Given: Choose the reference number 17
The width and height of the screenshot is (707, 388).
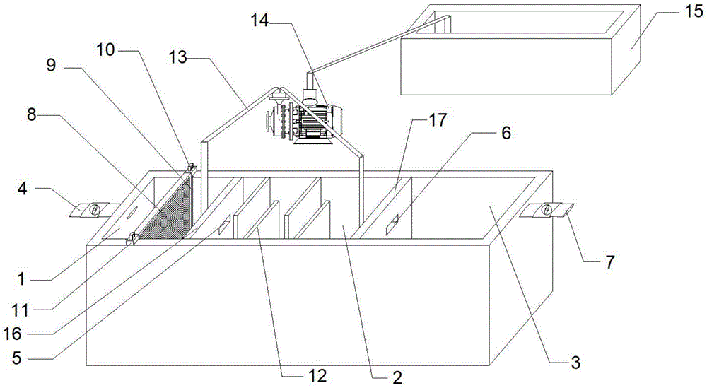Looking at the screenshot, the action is [437, 120].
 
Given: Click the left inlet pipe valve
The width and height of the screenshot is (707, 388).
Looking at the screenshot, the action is [93, 210].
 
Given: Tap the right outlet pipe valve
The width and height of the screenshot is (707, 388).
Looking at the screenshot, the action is [546, 210].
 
